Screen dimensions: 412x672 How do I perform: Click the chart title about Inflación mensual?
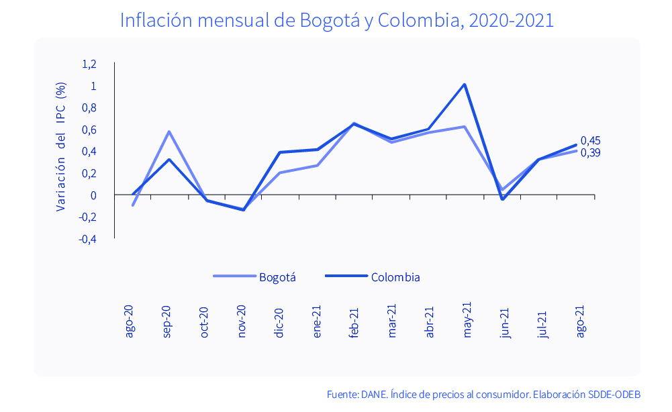point(336,20)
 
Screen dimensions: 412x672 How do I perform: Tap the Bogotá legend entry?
point(255,277)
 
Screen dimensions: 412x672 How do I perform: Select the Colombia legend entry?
point(373,277)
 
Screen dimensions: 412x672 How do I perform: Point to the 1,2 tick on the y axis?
point(89,64)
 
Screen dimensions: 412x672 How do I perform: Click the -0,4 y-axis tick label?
point(88,239)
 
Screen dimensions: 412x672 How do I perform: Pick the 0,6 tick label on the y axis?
point(89,130)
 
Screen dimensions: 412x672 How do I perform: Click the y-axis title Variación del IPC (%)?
point(60,146)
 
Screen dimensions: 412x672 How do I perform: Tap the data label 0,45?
point(591,140)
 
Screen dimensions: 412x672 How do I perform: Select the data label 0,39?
point(591,153)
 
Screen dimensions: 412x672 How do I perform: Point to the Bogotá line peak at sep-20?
point(169,132)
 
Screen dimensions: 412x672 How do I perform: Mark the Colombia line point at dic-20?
point(280,152)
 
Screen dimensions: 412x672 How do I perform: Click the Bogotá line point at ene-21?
point(317,165)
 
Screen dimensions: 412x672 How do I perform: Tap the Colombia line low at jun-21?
point(502,199)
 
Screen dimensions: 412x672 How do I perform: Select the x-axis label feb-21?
point(354,321)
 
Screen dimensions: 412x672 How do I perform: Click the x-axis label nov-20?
point(242,321)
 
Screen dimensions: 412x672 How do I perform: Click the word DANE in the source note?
point(374,394)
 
